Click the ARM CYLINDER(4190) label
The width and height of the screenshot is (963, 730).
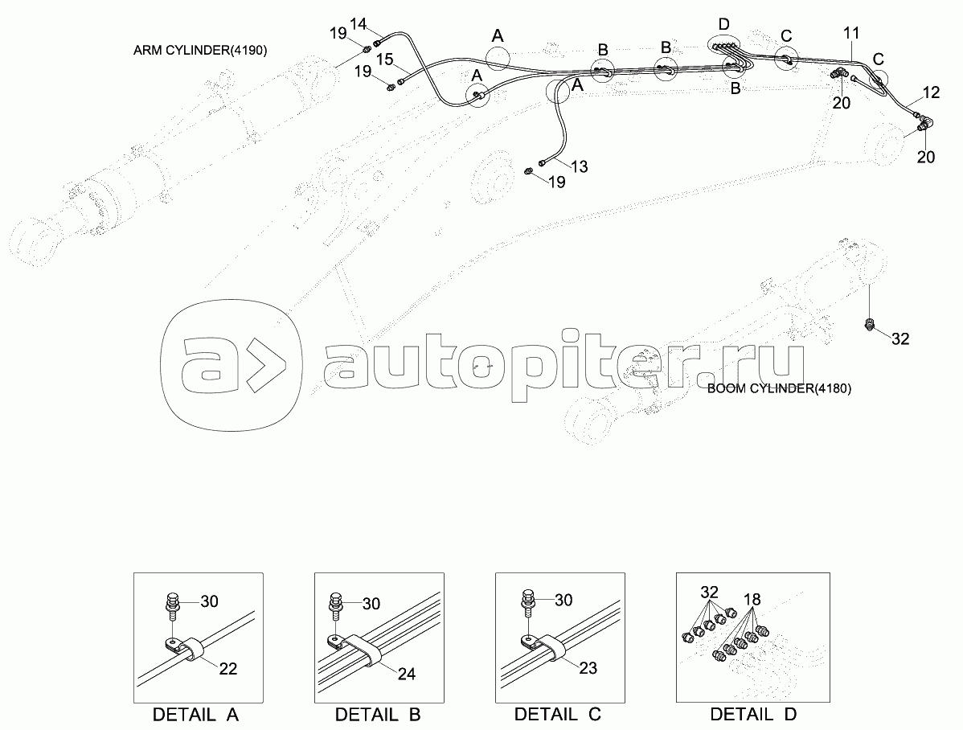point(200,51)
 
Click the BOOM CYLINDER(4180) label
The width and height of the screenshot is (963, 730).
point(780,388)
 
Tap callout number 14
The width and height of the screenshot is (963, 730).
point(358,24)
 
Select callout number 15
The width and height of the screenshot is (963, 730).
point(384,59)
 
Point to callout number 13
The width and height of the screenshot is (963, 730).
point(579,166)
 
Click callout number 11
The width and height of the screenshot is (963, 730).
point(851,33)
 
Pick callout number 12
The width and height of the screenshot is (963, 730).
point(931,92)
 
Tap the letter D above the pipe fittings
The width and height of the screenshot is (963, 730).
point(724,25)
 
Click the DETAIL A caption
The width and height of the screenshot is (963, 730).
point(195,715)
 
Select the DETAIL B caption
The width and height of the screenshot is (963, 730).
point(378,715)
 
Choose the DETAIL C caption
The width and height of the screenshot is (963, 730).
point(558,714)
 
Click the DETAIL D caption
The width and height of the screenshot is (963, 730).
point(753,714)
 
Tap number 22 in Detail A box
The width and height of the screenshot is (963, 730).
point(227,669)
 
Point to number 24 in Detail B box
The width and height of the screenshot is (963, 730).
point(407,674)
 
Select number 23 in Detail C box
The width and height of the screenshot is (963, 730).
point(588,668)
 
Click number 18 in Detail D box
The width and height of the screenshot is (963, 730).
point(752,600)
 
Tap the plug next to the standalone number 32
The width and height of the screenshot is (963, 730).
point(869,325)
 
